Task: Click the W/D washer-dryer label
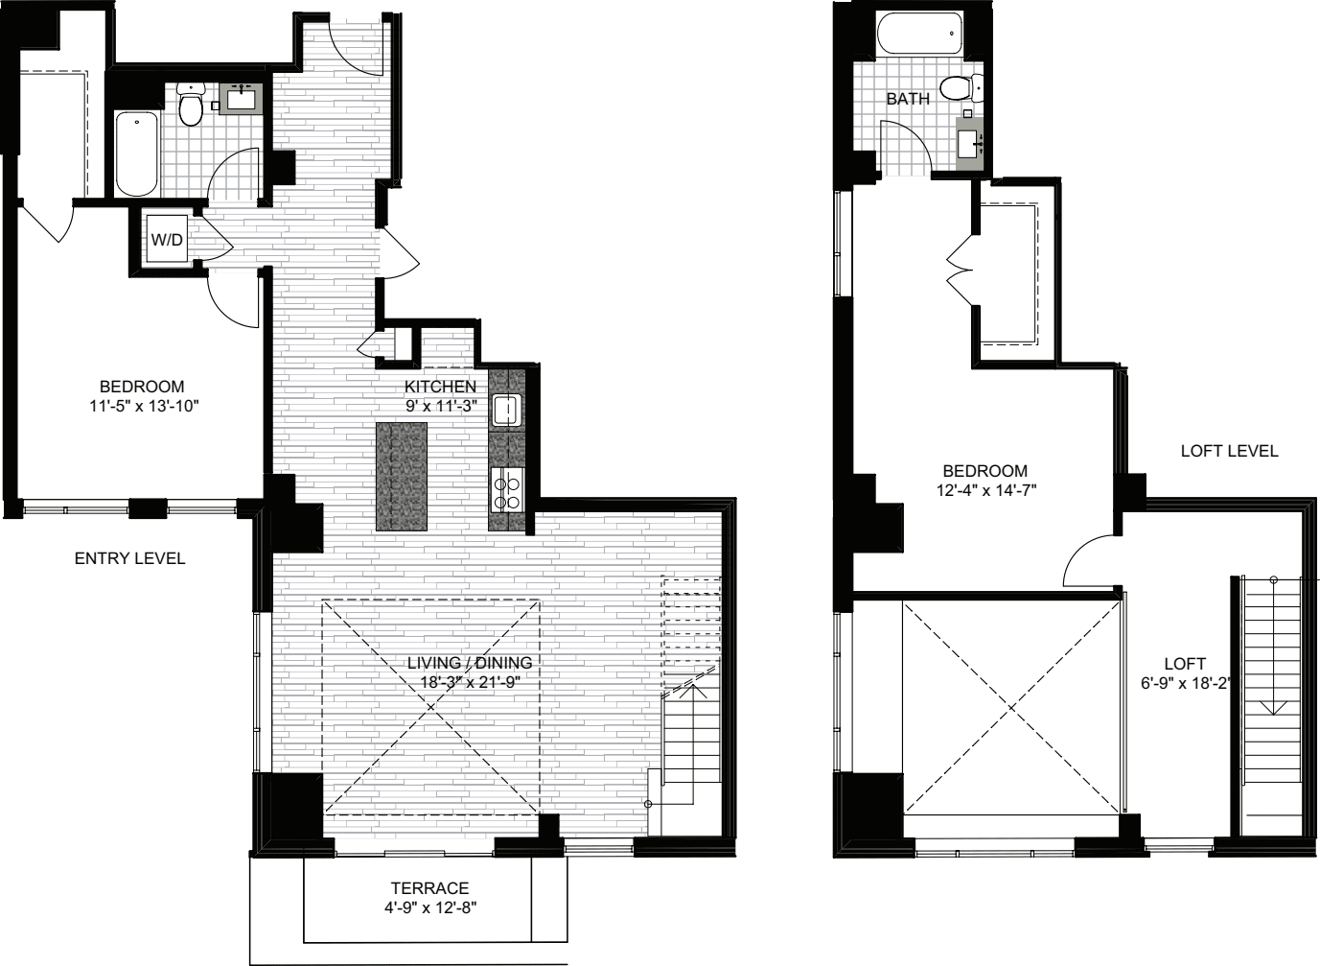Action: coord(168,240)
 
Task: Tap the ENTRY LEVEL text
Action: coord(129,558)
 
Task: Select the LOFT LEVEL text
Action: coord(1229,451)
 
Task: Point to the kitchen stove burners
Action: coord(507,490)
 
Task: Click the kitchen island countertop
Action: coord(402,477)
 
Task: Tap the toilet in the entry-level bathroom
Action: coord(191,105)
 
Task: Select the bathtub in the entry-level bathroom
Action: coord(136,153)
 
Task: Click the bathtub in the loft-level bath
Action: coord(920,35)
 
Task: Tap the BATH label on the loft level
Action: coord(908,99)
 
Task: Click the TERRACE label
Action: coord(430,888)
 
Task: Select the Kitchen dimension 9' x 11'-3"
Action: coord(440,407)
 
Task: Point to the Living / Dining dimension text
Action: coord(471,682)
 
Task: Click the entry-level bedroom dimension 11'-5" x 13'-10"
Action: coord(145,407)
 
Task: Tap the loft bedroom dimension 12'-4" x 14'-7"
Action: coord(985,490)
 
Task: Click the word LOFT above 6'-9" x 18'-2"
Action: coord(1185,664)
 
